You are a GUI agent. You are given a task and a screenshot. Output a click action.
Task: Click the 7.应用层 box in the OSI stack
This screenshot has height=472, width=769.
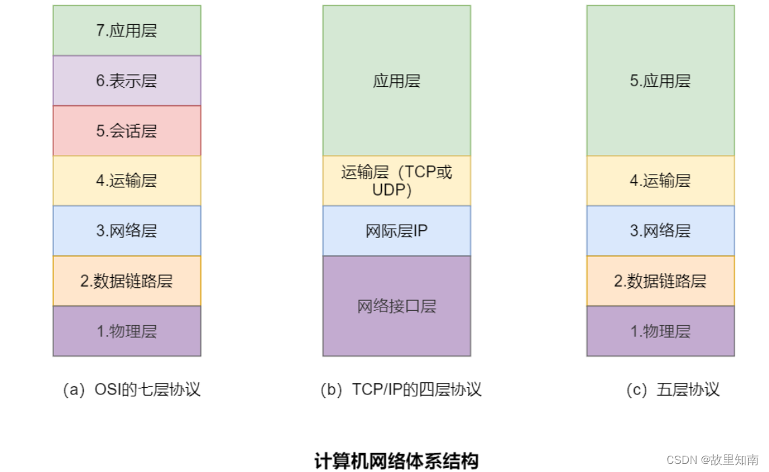[x=127, y=31]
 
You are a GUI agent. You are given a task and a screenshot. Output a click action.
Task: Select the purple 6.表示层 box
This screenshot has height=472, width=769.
[x=127, y=81]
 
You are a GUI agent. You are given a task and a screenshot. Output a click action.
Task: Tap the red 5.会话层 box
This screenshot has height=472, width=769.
[x=127, y=131]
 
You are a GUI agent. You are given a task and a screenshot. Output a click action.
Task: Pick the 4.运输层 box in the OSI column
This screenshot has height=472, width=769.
[x=127, y=181]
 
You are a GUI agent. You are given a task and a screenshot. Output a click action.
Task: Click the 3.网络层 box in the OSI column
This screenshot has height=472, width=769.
[x=127, y=231]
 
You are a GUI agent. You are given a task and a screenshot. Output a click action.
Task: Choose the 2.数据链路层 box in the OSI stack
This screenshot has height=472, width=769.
[x=127, y=281]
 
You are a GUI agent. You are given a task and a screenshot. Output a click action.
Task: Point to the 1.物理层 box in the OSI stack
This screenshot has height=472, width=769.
[x=127, y=331]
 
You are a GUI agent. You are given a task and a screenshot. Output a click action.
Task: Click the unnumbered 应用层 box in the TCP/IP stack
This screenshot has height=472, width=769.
[x=397, y=81]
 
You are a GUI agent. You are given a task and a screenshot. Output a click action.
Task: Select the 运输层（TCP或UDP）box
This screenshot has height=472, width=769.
[x=397, y=181]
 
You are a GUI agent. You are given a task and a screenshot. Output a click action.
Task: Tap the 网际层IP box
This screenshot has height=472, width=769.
[x=397, y=231]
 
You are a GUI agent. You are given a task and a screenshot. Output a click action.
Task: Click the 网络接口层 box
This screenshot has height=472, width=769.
[x=397, y=306]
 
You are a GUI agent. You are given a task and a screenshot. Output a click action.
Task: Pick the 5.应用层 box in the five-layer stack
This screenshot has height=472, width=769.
[x=660, y=81]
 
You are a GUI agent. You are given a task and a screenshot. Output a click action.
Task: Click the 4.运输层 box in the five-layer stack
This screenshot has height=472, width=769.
[x=660, y=181]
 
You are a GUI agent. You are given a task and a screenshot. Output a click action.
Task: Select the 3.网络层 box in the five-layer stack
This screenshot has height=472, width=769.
[x=660, y=231]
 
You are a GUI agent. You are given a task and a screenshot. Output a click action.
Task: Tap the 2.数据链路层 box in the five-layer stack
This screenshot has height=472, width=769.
[x=660, y=281]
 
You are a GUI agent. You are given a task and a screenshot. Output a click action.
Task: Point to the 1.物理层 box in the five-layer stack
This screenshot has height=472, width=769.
[x=660, y=331]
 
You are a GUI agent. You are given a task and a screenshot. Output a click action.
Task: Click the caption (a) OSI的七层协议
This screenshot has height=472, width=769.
[x=131, y=390]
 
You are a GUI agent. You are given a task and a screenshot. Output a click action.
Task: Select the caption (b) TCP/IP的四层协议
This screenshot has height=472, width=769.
[x=401, y=390]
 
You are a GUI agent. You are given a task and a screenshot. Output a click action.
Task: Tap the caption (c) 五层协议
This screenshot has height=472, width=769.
[x=673, y=390]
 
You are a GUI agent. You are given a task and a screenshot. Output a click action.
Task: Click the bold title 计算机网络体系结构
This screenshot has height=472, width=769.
[x=397, y=461]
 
